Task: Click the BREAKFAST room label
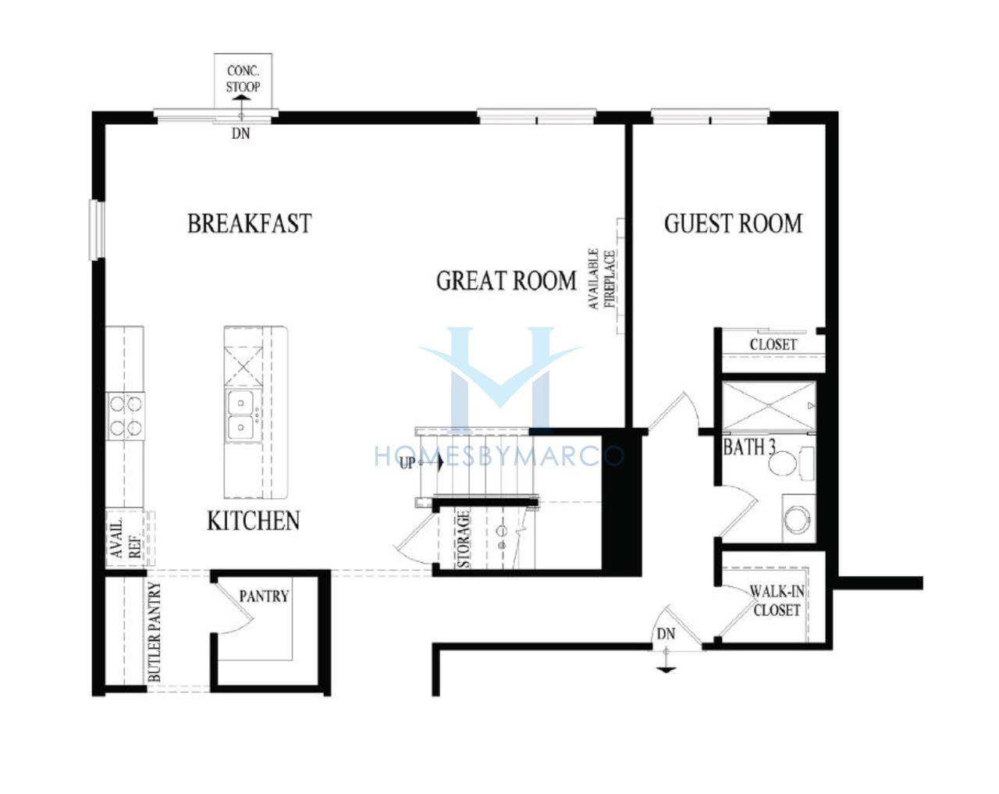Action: coord(249,223)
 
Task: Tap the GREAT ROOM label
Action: coord(507,281)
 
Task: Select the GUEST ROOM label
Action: coord(734,223)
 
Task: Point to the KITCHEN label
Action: coord(254,521)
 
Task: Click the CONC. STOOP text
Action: coord(243,79)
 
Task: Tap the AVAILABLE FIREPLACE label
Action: coord(602,279)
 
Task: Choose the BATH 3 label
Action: coord(749,447)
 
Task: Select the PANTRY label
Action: coord(264,596)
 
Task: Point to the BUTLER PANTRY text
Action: coord(155,632)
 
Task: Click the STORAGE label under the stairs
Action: coord(464,539)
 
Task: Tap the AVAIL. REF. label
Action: coord(125,539)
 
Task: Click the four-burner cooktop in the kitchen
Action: coord(126,415)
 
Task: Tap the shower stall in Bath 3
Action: coord(769,407)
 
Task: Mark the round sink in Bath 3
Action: coord(797,518)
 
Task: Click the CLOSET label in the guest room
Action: coord(773,344)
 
